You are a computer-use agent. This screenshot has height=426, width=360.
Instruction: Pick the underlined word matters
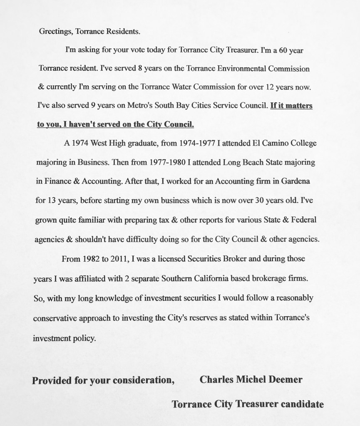point(296,106)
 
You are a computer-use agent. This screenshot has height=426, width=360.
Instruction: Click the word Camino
point(272,143)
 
